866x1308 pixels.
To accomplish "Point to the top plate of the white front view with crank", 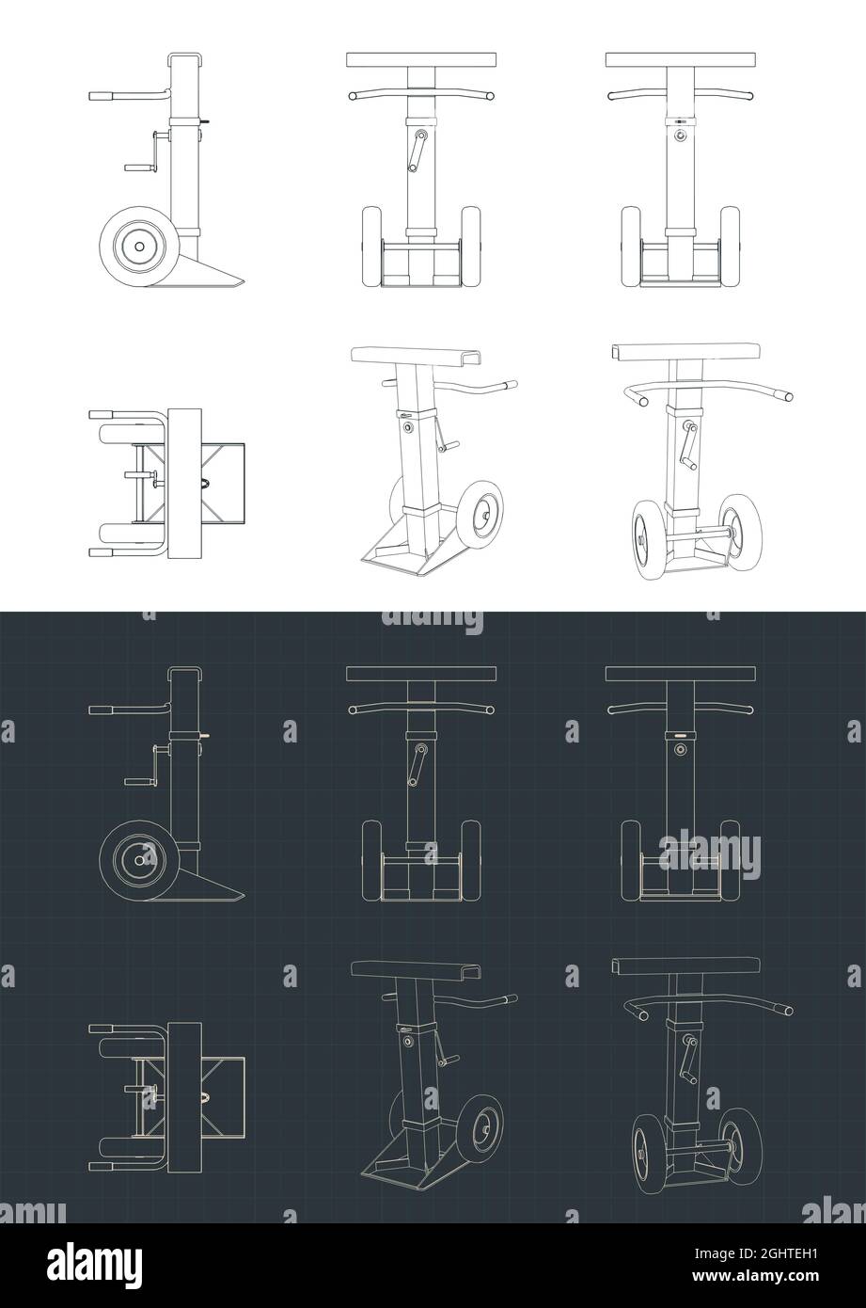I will [x=420, y=60].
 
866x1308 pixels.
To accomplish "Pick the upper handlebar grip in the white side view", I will [x=101, y=96].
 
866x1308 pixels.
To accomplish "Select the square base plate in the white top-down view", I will [x=222, y=484].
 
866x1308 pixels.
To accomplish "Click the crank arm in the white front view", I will [x=417, y=151].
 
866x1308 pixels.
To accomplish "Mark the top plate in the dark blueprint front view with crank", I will [x=420, y=674].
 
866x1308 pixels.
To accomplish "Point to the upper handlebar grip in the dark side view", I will [x=101, y=710].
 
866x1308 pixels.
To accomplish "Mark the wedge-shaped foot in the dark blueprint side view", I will [x=212, y=885].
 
